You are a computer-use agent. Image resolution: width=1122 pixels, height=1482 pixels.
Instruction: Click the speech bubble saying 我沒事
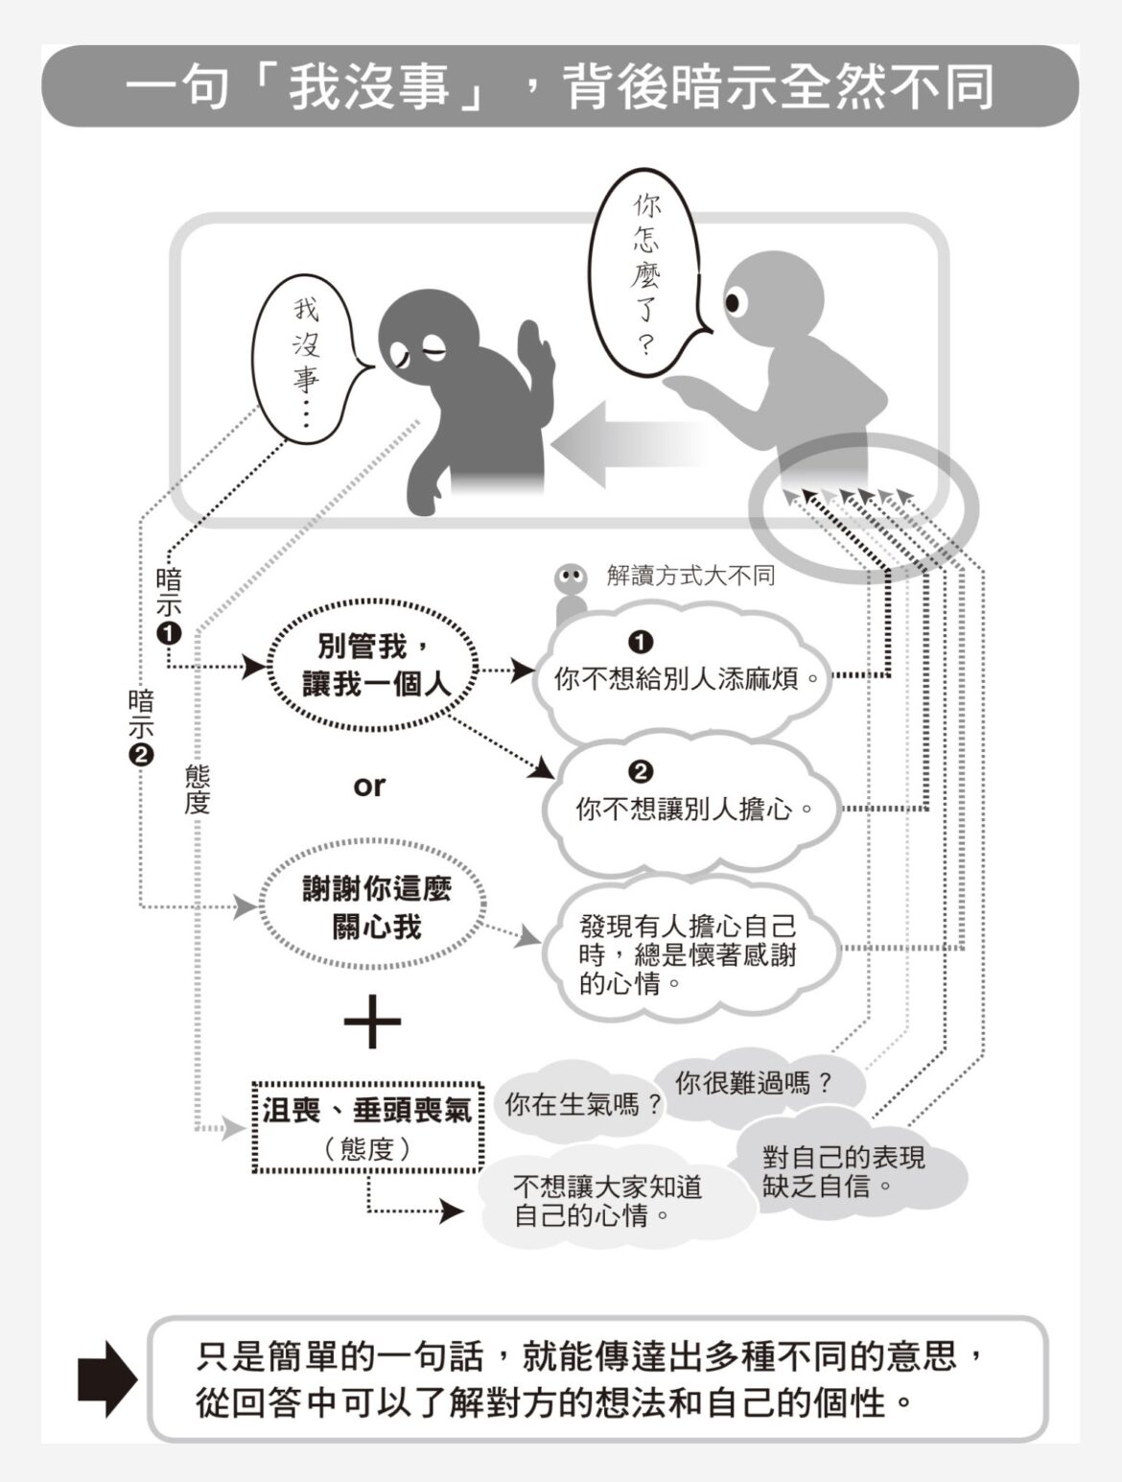pos(306,360)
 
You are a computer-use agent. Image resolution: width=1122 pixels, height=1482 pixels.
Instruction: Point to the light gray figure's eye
pos(734,303)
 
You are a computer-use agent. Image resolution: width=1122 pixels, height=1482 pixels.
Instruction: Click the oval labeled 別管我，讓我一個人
pos(375,665)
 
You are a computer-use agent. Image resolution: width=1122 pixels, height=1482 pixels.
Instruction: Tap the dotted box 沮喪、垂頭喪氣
pos(367,1124)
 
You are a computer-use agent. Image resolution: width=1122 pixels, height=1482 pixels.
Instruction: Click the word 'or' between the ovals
pos(369,787)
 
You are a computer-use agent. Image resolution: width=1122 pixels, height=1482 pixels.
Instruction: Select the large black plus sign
pos(372,1021)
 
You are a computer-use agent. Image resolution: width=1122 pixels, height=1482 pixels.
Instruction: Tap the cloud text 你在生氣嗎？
pos(583,1104)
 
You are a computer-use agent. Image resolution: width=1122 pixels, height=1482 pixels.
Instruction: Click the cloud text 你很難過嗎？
pos(754,1084)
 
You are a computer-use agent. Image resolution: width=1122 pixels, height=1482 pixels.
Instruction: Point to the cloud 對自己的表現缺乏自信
pos(844,1171)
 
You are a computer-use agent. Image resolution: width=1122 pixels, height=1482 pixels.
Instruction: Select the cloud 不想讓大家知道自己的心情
pos(607,1201)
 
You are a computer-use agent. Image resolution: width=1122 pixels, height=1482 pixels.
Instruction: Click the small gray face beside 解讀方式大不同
pos(572,578)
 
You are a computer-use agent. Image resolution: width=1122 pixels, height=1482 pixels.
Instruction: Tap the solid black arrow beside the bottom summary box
pos(106,1378)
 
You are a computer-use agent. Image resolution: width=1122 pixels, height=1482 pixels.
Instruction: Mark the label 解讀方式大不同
pos(690,576)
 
